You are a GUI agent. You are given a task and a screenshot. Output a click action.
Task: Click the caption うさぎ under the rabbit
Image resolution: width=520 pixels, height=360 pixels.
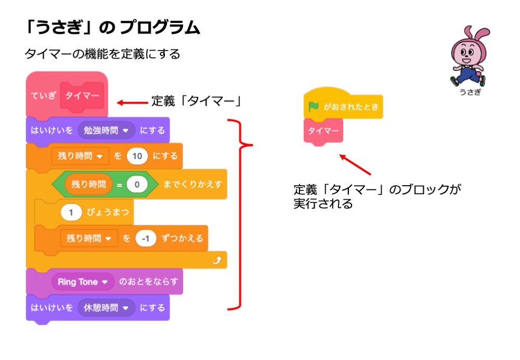[470, 92]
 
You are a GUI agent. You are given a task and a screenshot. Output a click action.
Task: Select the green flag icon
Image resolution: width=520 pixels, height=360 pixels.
[313, 107]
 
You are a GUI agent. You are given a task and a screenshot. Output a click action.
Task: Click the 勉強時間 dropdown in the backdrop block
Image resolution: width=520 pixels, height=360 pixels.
[106, 130]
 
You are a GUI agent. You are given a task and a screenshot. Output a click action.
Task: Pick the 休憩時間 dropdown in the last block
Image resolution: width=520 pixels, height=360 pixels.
[106, 307]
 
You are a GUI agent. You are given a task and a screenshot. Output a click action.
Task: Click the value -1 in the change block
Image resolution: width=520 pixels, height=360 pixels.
[146, 239]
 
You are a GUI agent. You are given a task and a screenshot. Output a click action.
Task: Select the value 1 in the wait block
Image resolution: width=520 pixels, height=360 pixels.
[71, 212]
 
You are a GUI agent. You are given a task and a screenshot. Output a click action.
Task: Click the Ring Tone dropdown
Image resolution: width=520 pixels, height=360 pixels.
[82, 282]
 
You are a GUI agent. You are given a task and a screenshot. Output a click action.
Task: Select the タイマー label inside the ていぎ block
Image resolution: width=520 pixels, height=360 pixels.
[82, 96]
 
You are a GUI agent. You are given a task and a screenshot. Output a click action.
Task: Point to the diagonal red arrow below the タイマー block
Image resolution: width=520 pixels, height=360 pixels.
[356, 164]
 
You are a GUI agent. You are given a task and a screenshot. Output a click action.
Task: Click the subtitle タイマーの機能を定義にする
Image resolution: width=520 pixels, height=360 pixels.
[102, 54]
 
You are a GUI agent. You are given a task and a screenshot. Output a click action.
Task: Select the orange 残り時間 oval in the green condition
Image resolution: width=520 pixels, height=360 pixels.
[88, 184]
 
